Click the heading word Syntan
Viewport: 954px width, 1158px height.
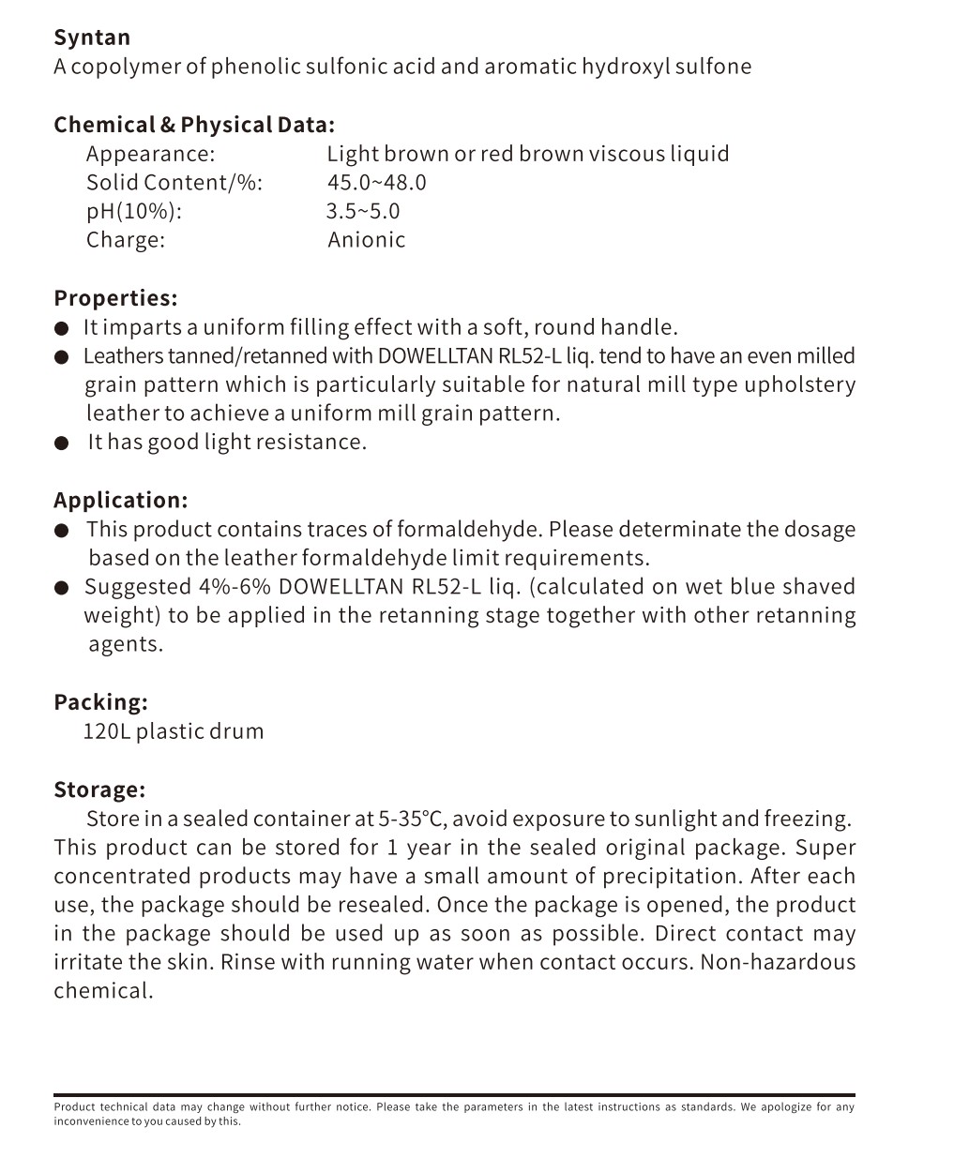coord(92,38)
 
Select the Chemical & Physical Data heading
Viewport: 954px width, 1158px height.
coord(193,125)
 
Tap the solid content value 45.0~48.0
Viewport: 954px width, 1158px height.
coord(376,182)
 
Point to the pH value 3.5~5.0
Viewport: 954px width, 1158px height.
coord(363,211)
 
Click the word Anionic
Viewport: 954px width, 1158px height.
coord(367,240)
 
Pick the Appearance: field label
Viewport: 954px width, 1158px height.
coord(150,154)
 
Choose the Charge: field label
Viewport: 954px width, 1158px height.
coord(126,240)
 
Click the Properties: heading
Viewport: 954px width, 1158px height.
coord(115,298)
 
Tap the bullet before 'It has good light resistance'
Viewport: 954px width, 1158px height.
coord(62,444)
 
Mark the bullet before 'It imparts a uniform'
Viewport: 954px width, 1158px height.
coord(62,328)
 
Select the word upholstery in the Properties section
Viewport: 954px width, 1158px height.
coord(799,384)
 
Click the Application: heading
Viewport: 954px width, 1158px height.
coord(120,500)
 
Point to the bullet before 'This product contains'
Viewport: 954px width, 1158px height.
coord(62,531)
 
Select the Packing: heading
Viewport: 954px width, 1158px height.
coord(100,702)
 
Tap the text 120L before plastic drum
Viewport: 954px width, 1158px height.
coord(106,731)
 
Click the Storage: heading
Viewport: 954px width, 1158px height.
coord(99,790)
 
